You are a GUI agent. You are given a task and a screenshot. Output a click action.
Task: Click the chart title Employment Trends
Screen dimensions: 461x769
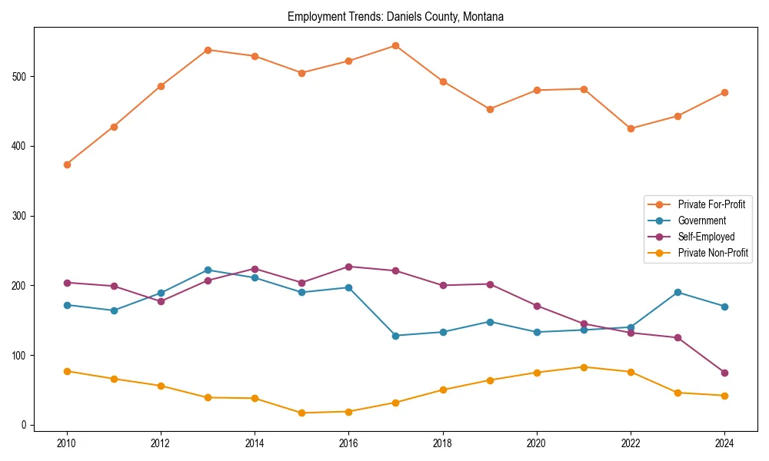tap(395, 16)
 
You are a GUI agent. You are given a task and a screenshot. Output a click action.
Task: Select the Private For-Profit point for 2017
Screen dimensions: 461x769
tap(395, 45)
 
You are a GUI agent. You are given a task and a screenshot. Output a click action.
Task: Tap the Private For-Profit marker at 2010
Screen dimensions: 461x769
tap(67, 164)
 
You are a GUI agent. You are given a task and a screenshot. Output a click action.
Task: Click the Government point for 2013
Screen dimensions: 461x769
tap(208, 270)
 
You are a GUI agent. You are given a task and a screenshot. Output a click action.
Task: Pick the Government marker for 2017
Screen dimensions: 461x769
tap(395, 336)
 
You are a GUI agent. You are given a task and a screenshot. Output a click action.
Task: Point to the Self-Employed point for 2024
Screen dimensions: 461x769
tap(724, 373)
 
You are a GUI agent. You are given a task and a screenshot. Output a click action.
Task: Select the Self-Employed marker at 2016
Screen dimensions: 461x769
tap(348, 267)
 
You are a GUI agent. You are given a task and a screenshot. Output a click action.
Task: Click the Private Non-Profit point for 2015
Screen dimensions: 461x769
tap(301, 413)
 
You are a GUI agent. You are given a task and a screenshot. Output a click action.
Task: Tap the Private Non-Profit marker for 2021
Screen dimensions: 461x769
tap(584, 367)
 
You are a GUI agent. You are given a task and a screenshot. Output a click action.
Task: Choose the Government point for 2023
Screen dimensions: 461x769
tap(677, 292)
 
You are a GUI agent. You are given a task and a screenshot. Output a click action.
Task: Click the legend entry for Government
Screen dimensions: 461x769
tap(701, 221)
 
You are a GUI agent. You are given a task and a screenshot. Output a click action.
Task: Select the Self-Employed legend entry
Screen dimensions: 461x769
tap(706, 237)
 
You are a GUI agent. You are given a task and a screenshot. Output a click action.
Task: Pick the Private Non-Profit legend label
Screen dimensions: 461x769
tap(713, 253)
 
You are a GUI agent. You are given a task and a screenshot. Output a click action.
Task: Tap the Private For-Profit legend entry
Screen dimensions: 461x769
tap(711, 204)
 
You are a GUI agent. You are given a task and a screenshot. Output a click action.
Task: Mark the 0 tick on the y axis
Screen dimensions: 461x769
tap(25, 425)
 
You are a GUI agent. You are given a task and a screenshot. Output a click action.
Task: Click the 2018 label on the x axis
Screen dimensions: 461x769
tap(442, 443)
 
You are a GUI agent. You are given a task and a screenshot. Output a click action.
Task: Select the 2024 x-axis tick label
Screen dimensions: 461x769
tap(724, 443)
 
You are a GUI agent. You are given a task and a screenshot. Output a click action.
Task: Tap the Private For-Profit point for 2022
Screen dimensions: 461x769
tap(631, 128)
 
